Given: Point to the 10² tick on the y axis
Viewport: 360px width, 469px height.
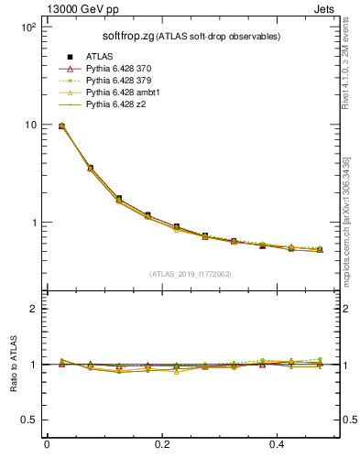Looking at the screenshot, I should [x=27, y=27].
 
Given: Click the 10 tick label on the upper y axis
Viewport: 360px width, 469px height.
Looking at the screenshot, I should [x=29, y=125].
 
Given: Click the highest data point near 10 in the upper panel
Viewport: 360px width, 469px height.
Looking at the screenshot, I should [x=61, y=125].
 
